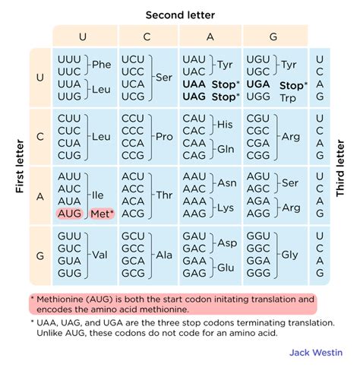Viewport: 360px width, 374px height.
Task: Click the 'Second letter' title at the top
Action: pyautogui.click(x=180, y=14)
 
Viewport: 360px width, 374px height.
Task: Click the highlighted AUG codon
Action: pyautogui.click(x=69, y=214)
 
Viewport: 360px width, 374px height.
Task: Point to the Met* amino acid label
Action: pyautogui.click(x=102, y=214)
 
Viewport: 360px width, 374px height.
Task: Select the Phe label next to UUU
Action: pyautogui.click(x=101, y=65)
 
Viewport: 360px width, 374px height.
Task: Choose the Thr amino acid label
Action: pyautogui.click(x=165, y=195)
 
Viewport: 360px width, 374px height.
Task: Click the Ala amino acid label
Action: pyautogui.click(x=165, y=254)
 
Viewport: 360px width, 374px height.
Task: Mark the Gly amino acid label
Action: pyautogui.click(x=290, y=254)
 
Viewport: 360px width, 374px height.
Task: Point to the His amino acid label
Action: pyautogui.click(x=225, y=123)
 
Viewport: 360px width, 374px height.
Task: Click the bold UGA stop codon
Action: pyautogui.click(x=260, y=85)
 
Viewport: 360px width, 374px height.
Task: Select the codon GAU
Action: pyautogui.click(x=196, y=236)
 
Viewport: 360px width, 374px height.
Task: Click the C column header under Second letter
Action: pyautogui.click(x=148, y=35)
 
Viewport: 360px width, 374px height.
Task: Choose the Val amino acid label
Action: pyautogui.click(x=99, y=254)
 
